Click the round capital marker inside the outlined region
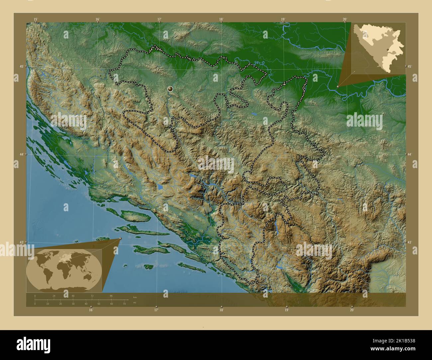(x=170, y=89)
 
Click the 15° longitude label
(x=36, y=19)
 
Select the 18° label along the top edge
(x=221, y=19)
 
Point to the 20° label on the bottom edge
(x=352, y=310)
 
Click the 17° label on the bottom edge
(x=156, y=310)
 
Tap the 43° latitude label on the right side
(x=409, y=242)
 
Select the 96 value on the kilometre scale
(x=111, y=296)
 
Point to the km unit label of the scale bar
(x=135, y=297)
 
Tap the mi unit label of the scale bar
(x=134, y=303)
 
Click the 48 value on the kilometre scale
(x=73, y=296)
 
